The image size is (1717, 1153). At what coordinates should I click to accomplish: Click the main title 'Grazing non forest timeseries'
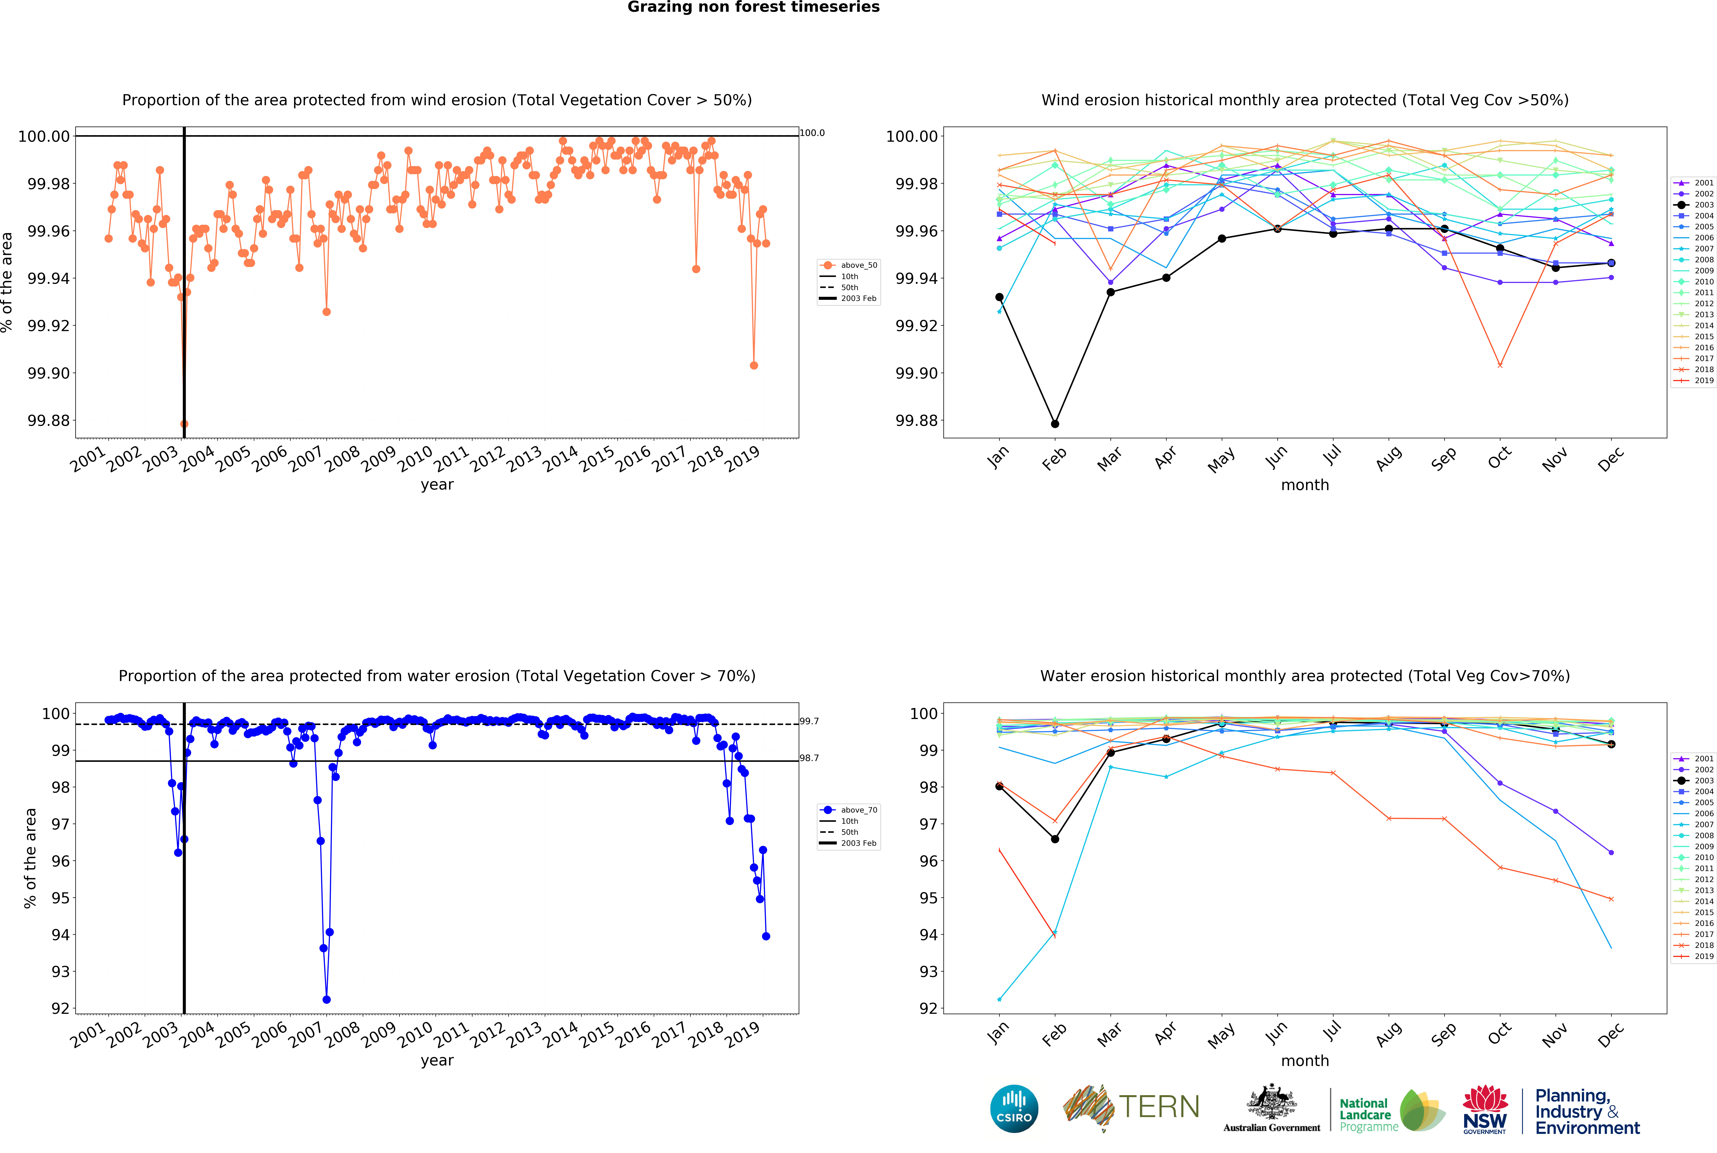tap(753, 7)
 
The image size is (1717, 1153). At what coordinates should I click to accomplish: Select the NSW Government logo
tap(1485, 1109)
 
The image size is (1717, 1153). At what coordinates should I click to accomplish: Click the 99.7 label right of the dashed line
tap(809, 721)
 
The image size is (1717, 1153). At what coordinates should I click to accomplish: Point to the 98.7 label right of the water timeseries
tap(809, 758)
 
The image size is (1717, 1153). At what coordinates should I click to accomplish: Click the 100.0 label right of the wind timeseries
tap(812, 133)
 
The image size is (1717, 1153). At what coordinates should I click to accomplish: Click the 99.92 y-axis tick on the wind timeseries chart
tap(49, 326)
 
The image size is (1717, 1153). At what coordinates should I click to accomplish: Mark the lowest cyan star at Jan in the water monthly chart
tap(999, 999)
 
